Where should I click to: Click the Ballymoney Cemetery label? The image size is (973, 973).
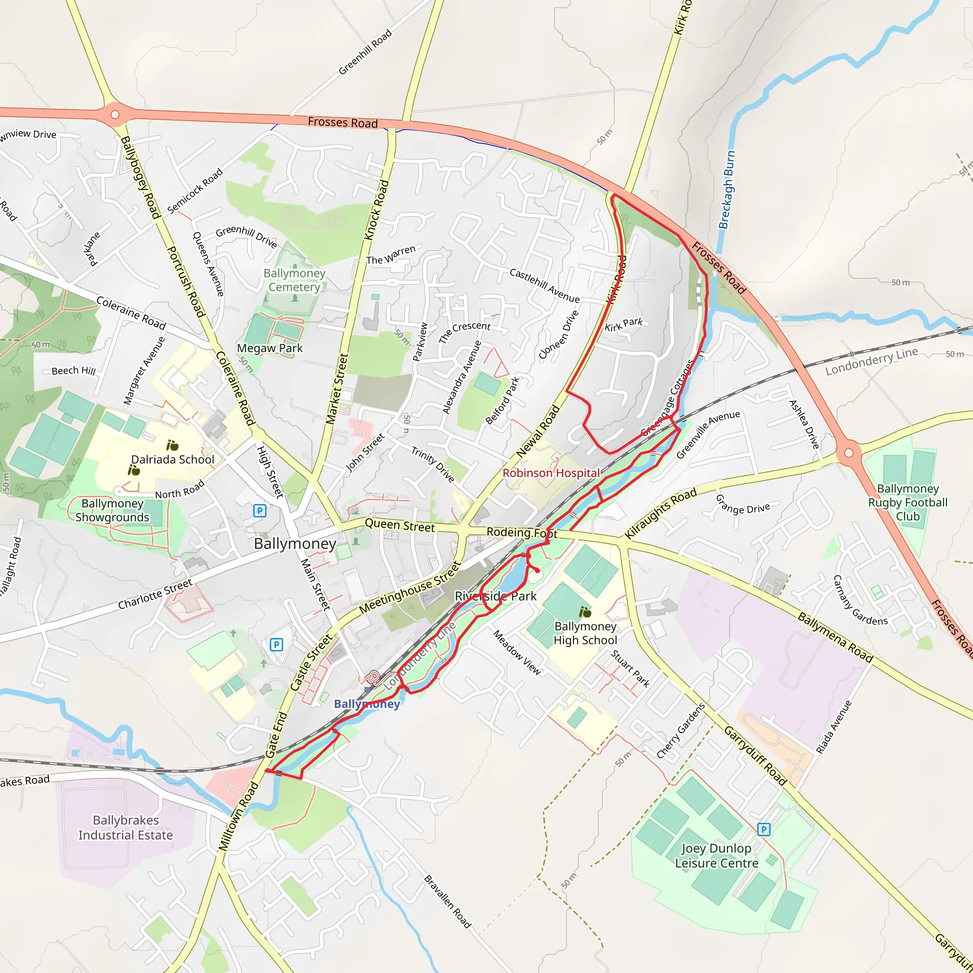295,280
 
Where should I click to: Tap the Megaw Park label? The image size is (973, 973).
270,348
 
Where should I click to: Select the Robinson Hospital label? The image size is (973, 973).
551,473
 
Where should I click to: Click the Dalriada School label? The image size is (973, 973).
173,459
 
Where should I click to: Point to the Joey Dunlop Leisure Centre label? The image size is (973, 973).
716,856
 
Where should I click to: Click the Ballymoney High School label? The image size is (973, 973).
585,633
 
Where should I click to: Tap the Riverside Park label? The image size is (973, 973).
496,596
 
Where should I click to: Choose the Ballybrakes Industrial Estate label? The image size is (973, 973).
125,828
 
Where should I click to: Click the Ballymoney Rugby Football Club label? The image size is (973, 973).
907,502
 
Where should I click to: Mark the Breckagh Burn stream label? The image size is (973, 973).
726,190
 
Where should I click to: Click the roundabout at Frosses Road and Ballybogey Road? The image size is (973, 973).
115,114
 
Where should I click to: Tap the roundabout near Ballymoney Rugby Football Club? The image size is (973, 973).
849,452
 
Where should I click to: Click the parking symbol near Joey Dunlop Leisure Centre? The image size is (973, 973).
764,829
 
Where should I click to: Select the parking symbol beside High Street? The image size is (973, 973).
260,511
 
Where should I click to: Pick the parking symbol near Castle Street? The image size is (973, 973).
277,645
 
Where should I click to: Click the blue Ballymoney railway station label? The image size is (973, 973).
367,704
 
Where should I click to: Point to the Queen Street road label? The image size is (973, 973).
400,525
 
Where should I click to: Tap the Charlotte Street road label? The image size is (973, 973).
154,594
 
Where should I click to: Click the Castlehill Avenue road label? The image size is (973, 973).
544,286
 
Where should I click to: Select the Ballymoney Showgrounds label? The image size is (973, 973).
112,510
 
